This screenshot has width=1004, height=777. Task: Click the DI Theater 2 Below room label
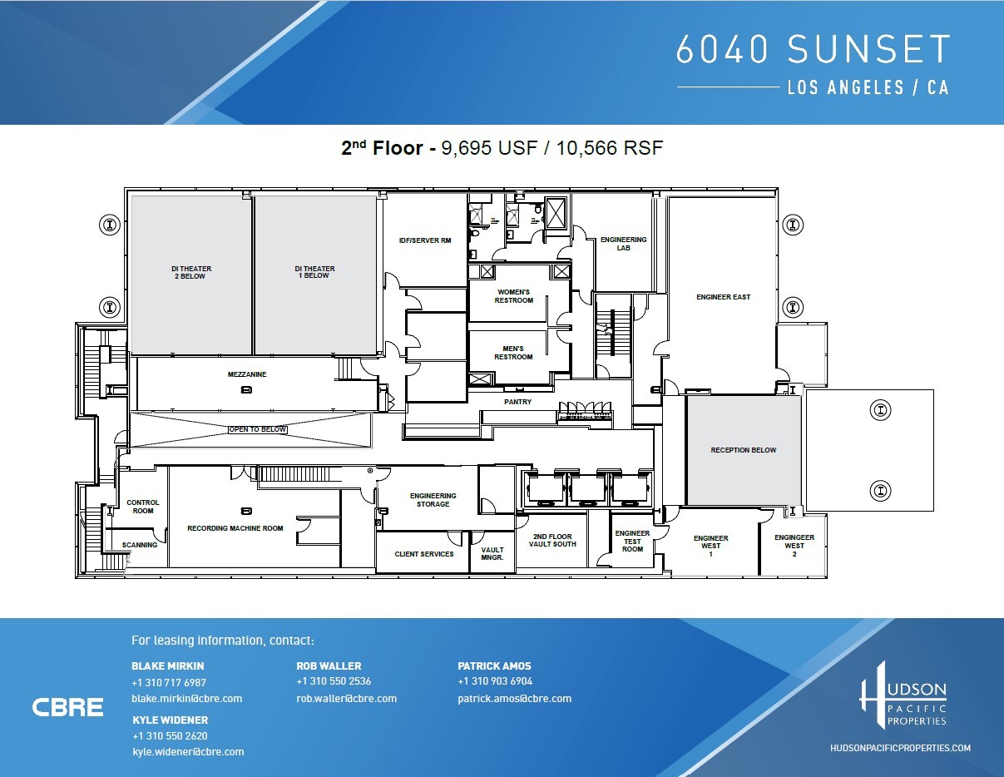[191, 273]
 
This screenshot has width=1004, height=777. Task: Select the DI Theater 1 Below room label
[314, 273]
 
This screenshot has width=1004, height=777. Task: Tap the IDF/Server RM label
[424, 240]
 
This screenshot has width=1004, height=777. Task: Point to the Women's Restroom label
[513, 296]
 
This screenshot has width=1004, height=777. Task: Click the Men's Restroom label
[513, 353]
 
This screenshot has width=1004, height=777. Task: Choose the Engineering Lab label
[623, 244]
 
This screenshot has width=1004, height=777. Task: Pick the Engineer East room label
[723, 297]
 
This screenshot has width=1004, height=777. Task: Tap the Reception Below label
[743, 450]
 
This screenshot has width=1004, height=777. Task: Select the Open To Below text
[257, 430]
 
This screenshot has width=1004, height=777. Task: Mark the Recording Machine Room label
[235, 528]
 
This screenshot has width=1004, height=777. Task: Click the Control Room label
[142, 507]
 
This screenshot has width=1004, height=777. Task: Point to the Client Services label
[424, 554]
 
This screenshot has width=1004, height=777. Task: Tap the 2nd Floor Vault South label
[551, 541]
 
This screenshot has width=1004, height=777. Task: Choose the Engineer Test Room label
[632, 541]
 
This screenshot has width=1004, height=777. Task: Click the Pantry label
[517, 403]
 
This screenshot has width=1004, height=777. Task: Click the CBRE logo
[67, 708]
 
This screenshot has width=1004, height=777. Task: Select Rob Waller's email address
[346, 699]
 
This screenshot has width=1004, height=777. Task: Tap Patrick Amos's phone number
[495, 682]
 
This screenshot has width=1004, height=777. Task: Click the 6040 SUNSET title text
[812, 50]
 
